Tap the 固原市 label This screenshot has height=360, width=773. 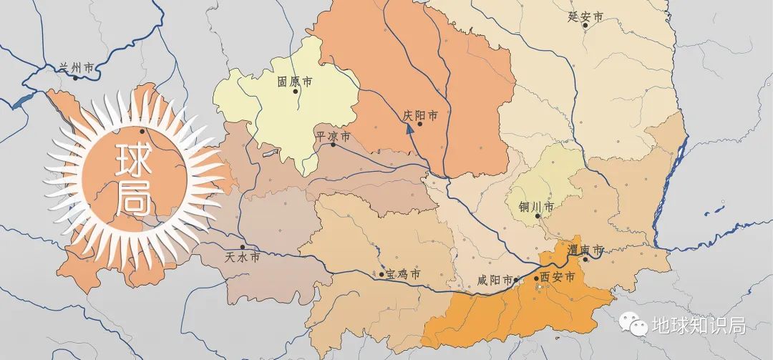tap(295, 82)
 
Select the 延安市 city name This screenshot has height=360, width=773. tap(585, 16)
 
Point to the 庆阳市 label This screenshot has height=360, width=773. tap(420, 115)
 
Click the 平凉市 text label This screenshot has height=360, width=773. tap(334, 135)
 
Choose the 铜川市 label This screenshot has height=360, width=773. tap(536, 207)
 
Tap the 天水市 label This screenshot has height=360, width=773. tap(242, 256)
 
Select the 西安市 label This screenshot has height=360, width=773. tap(558, 277)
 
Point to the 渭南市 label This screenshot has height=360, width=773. tap(585, 250)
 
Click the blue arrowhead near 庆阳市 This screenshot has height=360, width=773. tap(410, 129)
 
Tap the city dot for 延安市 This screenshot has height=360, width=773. tap(585, 25)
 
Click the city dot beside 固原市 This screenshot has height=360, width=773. tap(296, 91)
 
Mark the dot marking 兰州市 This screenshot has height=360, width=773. tap(75, 77)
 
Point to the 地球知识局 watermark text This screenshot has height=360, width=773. tap(699, 326)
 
